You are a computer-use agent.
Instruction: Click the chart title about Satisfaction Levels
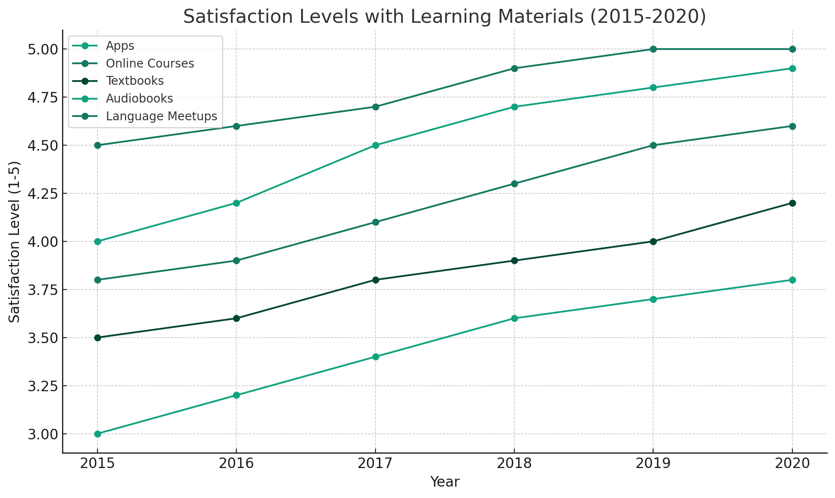point(444,17)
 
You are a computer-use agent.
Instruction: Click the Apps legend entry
point(120,46)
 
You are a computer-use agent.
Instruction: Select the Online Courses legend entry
point(150,63)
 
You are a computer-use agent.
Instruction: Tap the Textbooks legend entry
point(135,81)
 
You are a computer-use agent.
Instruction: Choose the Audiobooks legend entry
point(139,99)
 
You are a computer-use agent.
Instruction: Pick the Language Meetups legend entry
point(161,116)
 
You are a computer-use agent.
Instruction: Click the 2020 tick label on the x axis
point(792,463)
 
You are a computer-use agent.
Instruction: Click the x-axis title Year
point(444,482)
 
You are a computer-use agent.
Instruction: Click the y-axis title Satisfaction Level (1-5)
point(14,241)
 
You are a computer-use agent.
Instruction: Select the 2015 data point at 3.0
point(97,434)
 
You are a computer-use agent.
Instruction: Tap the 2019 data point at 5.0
point(653,49)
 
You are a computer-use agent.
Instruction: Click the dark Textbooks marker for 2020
point(792,203)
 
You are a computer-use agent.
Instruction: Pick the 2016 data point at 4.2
point(236,203)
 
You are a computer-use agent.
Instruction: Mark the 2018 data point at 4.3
point(514,184)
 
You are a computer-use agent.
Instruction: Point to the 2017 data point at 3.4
point(375,357)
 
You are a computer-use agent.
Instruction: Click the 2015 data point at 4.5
point(97,145)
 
